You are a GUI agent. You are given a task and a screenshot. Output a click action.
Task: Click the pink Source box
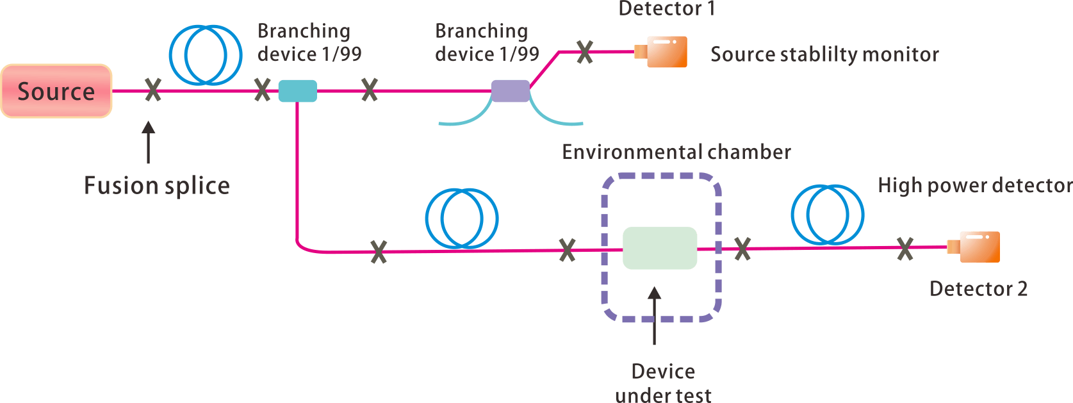coord(56,91)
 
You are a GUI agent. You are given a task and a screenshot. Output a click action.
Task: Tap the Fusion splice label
coord(157,185)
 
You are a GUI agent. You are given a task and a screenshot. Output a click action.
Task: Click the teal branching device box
coord(297,91)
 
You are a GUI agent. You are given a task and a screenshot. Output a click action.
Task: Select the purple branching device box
coord(510,91)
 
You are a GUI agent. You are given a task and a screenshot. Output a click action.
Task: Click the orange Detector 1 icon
coord(663,52)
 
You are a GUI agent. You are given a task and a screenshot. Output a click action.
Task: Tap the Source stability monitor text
coord(824,54)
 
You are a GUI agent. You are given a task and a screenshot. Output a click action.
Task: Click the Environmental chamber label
coord(676,152)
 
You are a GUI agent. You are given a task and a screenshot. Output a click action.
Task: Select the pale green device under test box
coord(660,248)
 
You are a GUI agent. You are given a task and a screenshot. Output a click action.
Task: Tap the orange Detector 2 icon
coord(976,247)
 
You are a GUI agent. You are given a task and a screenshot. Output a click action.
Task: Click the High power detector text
coord(974,185)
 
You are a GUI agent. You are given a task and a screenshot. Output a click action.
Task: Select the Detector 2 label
coord(978,289)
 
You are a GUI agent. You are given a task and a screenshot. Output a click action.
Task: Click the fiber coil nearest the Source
coord(206,55)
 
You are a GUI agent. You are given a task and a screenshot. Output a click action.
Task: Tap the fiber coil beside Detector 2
coord(827,215)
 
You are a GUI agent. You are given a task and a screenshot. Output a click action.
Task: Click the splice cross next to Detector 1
coord(584,52)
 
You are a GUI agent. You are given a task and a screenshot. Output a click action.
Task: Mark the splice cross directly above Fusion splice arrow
coord(152,90)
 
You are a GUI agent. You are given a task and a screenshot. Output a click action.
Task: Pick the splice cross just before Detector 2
coord(905,249)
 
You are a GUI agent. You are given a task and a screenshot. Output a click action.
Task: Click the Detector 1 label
coord(666,9)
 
